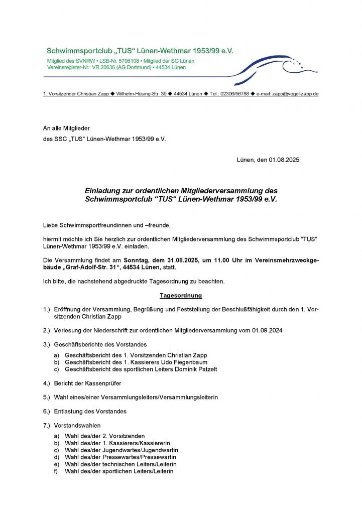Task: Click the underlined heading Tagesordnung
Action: [x=181, y=296]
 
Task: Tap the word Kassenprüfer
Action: [x=103, y=383]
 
